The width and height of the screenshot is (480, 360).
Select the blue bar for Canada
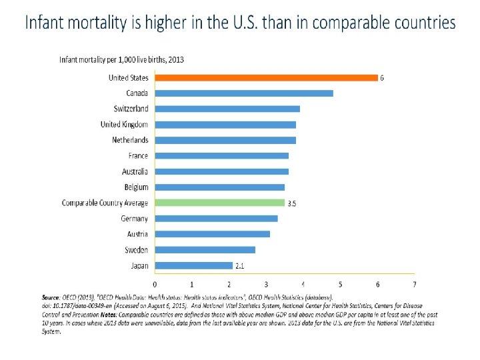click(244, 93)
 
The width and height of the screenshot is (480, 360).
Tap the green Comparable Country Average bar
click(220, 203)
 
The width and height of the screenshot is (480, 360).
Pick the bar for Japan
click(194, 265)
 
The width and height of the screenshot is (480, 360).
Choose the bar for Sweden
click(205, 250)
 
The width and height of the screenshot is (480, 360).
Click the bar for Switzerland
click(227, 109)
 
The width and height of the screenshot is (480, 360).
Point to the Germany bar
click(217, 219)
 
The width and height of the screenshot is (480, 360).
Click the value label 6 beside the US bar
click(382, 78)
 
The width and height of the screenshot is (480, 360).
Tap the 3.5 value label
click(291, 203)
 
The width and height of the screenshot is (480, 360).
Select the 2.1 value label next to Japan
click(240, 266)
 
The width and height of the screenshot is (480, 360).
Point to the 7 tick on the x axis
click(415, 284)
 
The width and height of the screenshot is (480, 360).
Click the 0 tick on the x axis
click(155, 284)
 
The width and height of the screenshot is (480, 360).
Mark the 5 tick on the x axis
click(341, 284)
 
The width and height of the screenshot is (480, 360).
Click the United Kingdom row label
click(124, 125)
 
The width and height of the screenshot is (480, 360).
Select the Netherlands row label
click(130, 140)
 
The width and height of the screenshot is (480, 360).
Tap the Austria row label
click(137, 234)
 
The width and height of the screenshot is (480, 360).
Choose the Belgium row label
click(136, 187)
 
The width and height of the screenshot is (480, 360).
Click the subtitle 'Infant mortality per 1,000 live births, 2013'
click(121, 59)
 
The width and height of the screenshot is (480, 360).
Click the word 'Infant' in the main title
click(48, 23)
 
